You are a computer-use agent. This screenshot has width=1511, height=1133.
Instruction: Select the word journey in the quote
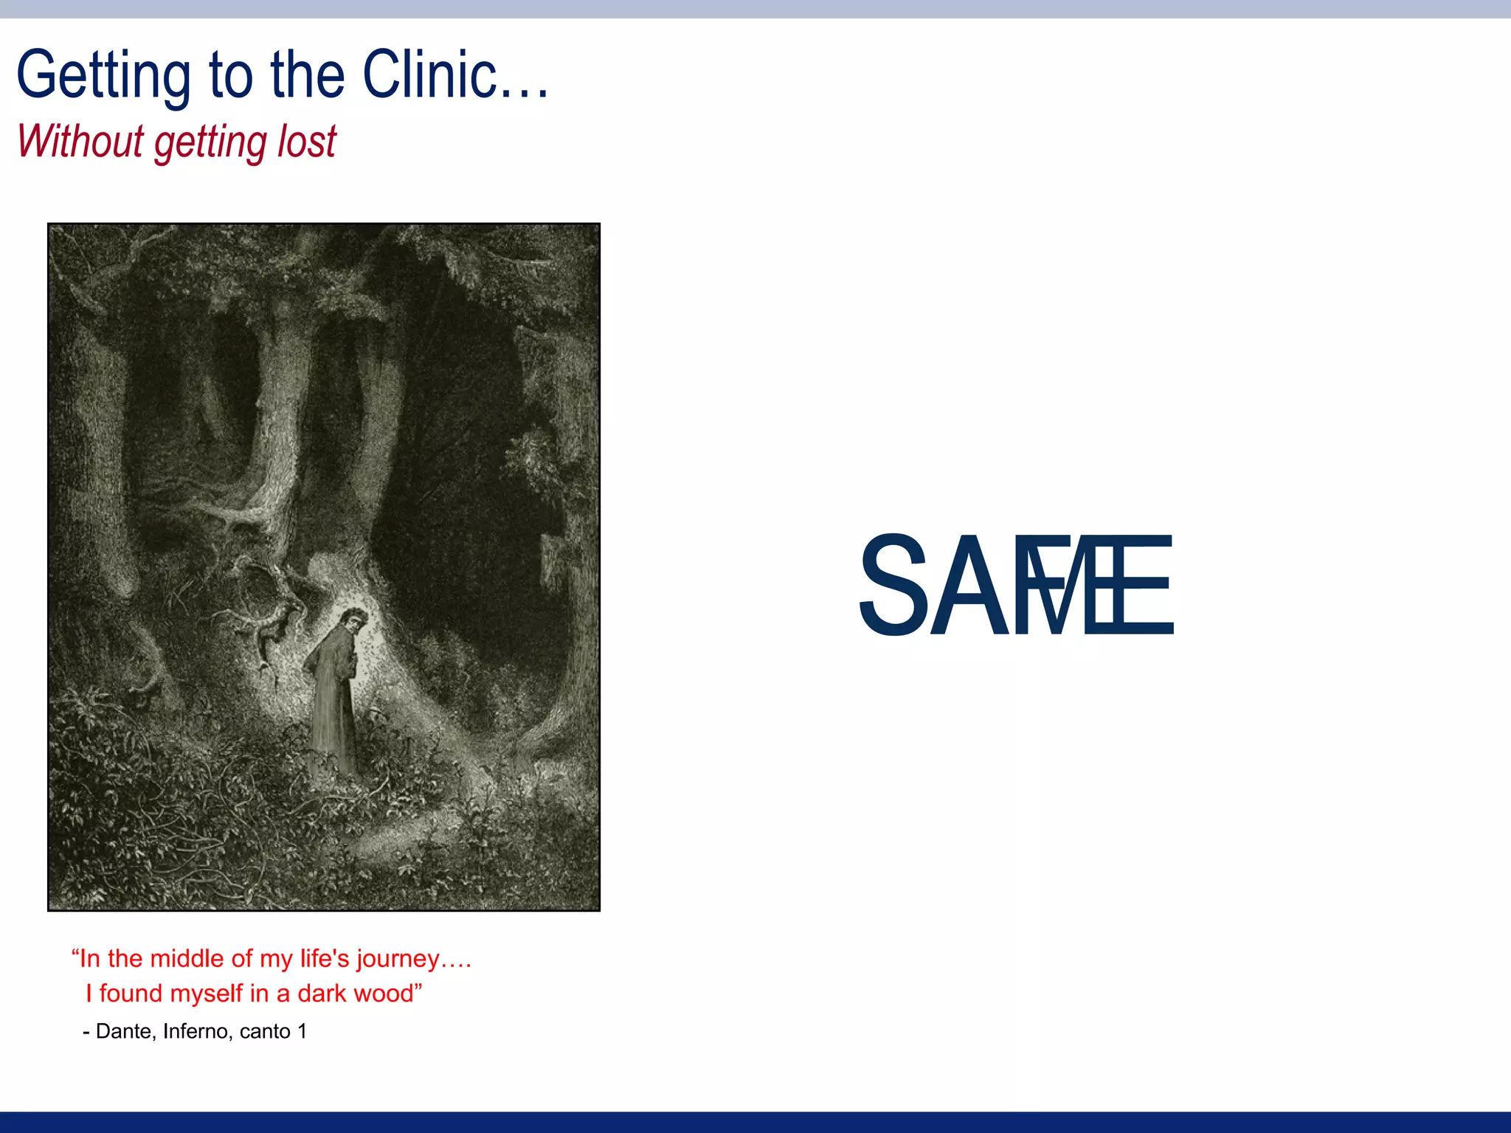[x=398, y=959]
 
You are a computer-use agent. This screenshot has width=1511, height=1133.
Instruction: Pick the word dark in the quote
[x=322, y=994]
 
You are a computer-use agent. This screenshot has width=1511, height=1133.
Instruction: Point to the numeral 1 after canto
[x=302, y=1031]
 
